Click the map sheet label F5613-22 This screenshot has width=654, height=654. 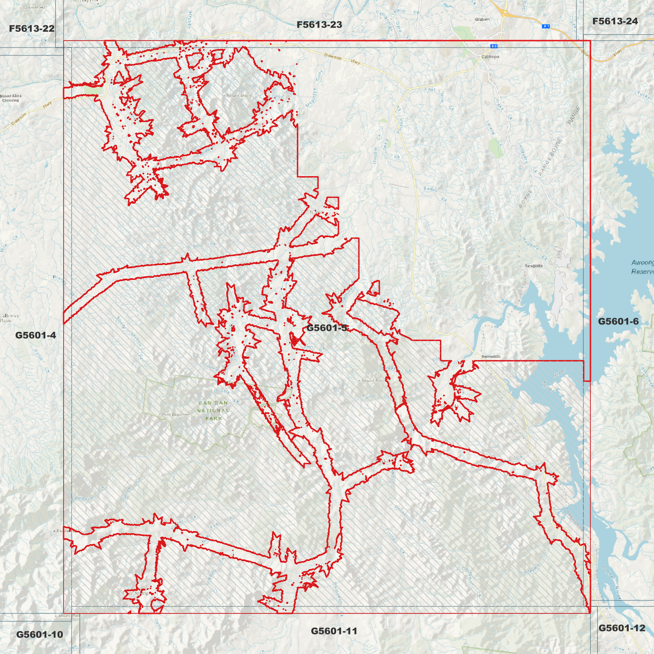point(32,29)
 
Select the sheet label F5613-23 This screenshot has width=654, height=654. point(319,25)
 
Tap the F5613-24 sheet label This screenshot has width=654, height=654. point(615,21)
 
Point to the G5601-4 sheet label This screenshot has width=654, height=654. point(35,335)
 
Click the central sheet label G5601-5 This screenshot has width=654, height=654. point(327,328)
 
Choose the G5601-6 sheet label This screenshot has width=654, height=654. point(618,322)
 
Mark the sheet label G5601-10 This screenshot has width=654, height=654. point(39,635)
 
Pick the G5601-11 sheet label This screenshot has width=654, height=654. point(334,631)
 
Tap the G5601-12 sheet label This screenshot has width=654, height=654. point(621,628)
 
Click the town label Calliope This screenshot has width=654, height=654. point(490,57)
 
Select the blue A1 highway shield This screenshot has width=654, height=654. point(546,26)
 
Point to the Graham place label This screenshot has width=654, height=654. point(482,19)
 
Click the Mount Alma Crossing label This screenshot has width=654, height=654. point(10,98)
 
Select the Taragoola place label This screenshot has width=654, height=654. point(533,266)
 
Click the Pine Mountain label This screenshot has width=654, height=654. point(175,415)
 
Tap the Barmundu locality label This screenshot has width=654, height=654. point(491,357)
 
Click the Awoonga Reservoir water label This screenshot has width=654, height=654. point(643,267)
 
